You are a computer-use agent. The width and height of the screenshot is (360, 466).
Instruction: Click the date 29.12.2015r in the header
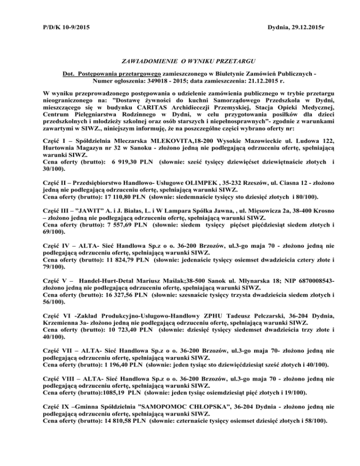[296, 30]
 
